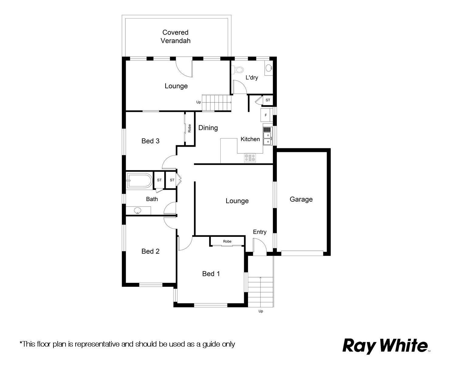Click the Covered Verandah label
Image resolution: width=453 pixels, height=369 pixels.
pos(175,36)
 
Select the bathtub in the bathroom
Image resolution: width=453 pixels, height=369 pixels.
pos(139,180)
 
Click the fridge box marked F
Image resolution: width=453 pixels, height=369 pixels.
pos(266,115)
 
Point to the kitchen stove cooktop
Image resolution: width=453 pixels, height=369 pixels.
pos(250,158)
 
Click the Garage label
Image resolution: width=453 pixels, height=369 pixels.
pos(301,199)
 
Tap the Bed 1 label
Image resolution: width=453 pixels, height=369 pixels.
pos(211,273)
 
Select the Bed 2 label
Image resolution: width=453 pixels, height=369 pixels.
pos(150,251)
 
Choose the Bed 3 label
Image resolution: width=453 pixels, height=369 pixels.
pos(150,141)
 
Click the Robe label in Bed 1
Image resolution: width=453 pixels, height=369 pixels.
pos(227,241)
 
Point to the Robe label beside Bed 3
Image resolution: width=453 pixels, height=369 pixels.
pos(189,128)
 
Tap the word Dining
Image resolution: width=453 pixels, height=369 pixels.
pos(208,128)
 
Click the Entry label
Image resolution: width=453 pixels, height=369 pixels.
pos(260,232)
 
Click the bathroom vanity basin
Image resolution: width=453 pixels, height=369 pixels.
pos(138,210)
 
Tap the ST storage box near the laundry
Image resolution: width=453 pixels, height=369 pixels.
pos(268,100)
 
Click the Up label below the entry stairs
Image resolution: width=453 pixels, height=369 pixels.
pos(261,311)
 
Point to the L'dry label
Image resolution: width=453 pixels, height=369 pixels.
pos(252,77)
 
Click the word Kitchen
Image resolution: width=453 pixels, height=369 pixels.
pos(250,139)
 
